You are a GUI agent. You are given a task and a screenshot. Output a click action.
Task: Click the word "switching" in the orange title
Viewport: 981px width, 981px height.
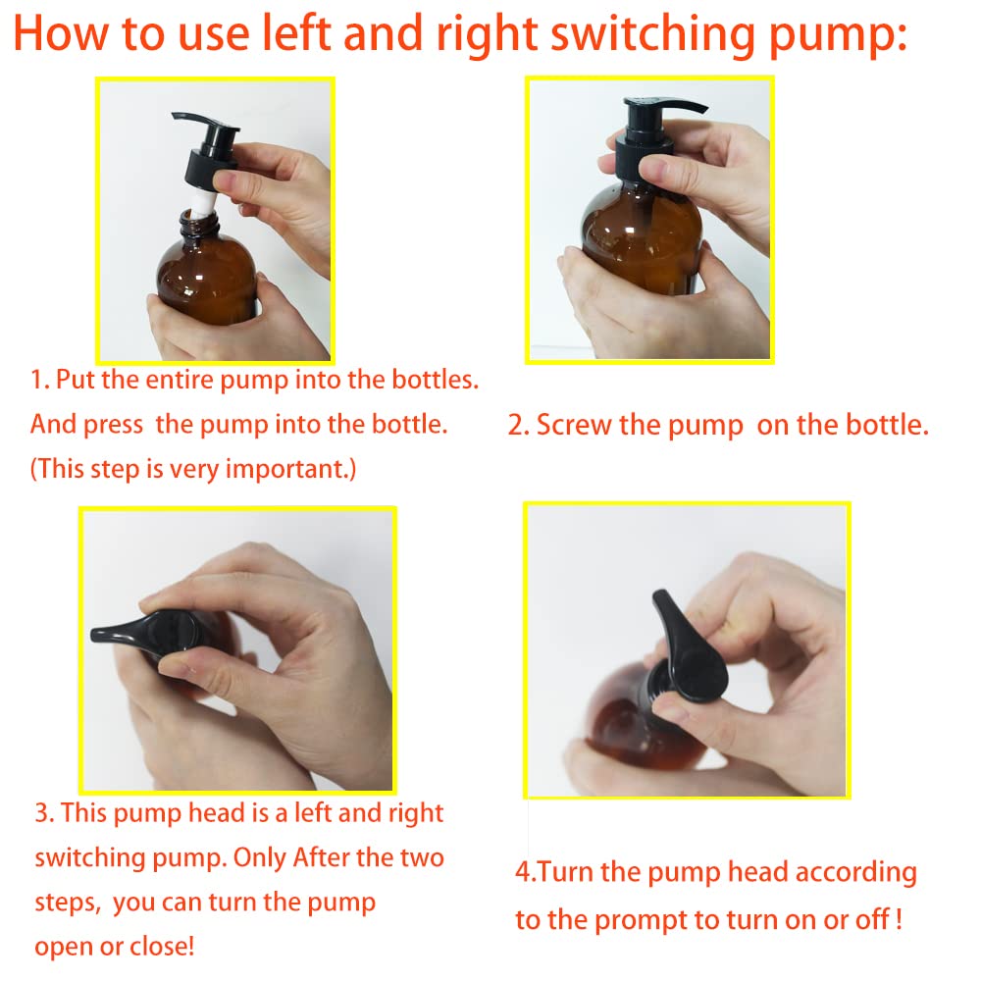[x=653, y=35]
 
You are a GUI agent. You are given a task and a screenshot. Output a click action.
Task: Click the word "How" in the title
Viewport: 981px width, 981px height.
[x=61, y=33]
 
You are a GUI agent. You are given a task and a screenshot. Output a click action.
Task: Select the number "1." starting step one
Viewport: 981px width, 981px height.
[x=40, y=380]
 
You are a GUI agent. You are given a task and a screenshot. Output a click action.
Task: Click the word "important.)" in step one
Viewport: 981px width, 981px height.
[x=290, y=469]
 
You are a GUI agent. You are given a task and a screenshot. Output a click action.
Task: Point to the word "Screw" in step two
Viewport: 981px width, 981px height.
[x=574, y=425]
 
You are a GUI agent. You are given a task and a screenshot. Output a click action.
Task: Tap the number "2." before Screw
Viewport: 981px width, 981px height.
[x=519, y=426]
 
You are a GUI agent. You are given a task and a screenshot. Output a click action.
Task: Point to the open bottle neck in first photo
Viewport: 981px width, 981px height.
[x=198, y=224]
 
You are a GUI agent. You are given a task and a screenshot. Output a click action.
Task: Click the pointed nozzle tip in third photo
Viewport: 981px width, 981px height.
[x=96, y=635]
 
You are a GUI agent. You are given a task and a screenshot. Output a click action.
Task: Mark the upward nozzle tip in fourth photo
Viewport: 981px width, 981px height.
[x=659, y=596]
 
